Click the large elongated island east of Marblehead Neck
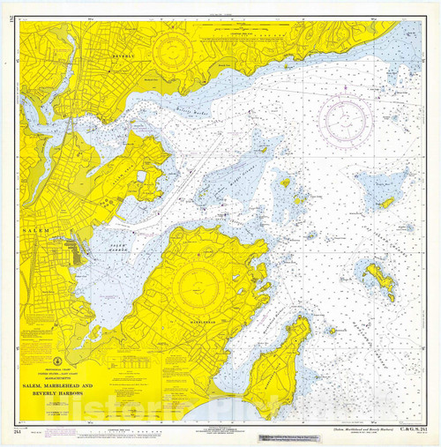(x=380, y=282)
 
